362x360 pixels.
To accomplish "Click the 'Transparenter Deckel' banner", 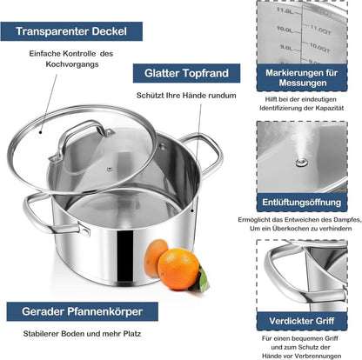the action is (x=71, y=31).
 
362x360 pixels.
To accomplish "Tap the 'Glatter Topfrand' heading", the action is (x=186, y=73).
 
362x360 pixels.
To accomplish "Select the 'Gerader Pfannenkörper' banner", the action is (x=83, y=311).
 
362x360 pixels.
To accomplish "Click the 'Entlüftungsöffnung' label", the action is (x=302, y=203).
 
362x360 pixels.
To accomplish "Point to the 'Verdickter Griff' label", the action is (x=302, y=321).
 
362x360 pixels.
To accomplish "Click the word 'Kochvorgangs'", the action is (x=72, y=64).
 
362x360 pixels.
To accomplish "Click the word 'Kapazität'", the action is (x=330, y=108).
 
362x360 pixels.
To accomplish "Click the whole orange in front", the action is (x=178, y=269).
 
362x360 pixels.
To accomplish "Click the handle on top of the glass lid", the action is (x=82, y=139).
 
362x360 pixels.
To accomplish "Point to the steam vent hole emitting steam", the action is (x=302, y=163).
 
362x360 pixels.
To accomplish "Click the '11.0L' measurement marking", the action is (x=285, y=10).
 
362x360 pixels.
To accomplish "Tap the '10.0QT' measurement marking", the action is (x=319, y=48).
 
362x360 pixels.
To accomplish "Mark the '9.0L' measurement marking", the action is (x=286, y=47).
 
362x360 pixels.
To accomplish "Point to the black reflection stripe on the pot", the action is (x=125, y=257).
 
